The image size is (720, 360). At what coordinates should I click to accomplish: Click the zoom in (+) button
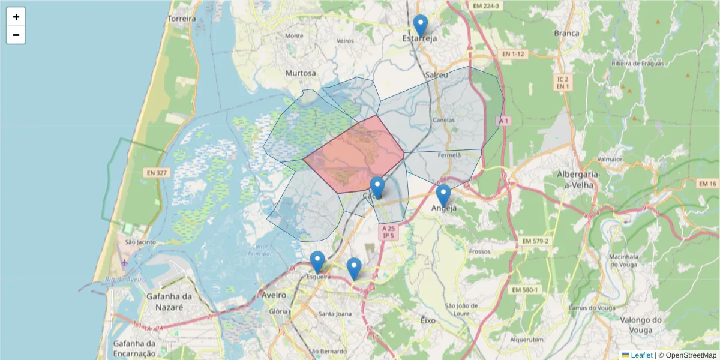point(16,17)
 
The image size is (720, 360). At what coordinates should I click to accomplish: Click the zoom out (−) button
point(16,35)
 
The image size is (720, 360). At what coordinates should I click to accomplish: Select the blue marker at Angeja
point(443,196)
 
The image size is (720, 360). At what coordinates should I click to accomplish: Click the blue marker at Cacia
point(377,188)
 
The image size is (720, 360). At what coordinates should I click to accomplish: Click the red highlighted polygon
point(354,153)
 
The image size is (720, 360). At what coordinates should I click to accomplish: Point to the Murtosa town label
point(301,73)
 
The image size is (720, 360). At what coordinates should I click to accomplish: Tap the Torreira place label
point(182,19)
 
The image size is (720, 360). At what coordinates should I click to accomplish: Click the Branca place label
point(567,33)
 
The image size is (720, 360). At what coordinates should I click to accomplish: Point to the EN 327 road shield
point(157,173)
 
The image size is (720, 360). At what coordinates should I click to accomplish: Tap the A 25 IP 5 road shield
point(388,232)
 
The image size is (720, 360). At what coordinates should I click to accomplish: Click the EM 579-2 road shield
point(536,241)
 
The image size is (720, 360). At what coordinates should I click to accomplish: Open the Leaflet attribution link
point(641,355)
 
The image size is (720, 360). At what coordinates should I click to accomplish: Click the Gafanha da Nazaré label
point(170,301)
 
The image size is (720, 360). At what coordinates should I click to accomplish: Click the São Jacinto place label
point(140,242)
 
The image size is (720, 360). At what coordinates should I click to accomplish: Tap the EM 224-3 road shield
point(485,6)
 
